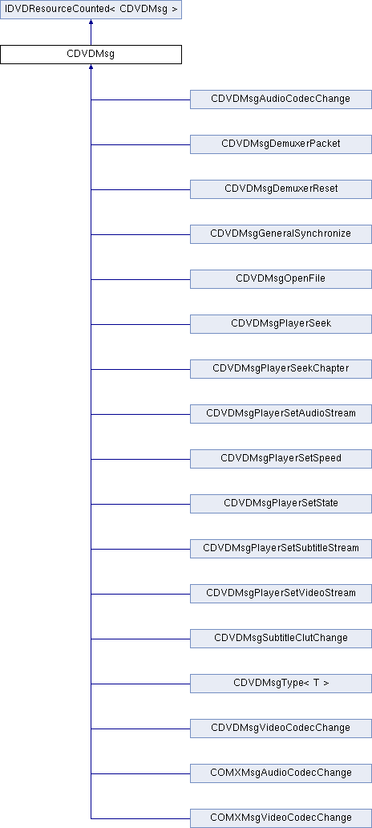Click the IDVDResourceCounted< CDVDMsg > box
click(91, 10)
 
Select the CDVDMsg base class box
click(91, 55)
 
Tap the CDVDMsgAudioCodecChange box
click(281, 99)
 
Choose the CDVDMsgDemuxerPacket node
click(281, 144)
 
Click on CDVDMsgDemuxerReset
click(281, 189)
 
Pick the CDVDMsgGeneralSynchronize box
click(281, 234)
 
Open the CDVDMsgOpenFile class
click(281, 279)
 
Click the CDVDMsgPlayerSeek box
click(281, 323)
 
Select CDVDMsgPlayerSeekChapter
click(281, 368)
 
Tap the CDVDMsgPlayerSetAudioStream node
click(281, 413)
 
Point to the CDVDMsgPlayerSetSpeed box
click(281, 458)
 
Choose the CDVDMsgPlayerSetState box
click(281, 503)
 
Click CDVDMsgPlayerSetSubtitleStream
click(281, 548)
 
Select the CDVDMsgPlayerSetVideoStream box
click(281, 593)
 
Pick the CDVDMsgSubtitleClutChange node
click(281, 638)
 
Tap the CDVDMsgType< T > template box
click(281, 683)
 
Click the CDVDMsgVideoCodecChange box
click(281, 728)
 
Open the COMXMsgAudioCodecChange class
click(281, 773)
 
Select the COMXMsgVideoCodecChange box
click(281, 818)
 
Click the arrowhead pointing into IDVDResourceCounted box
click(91, 22)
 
